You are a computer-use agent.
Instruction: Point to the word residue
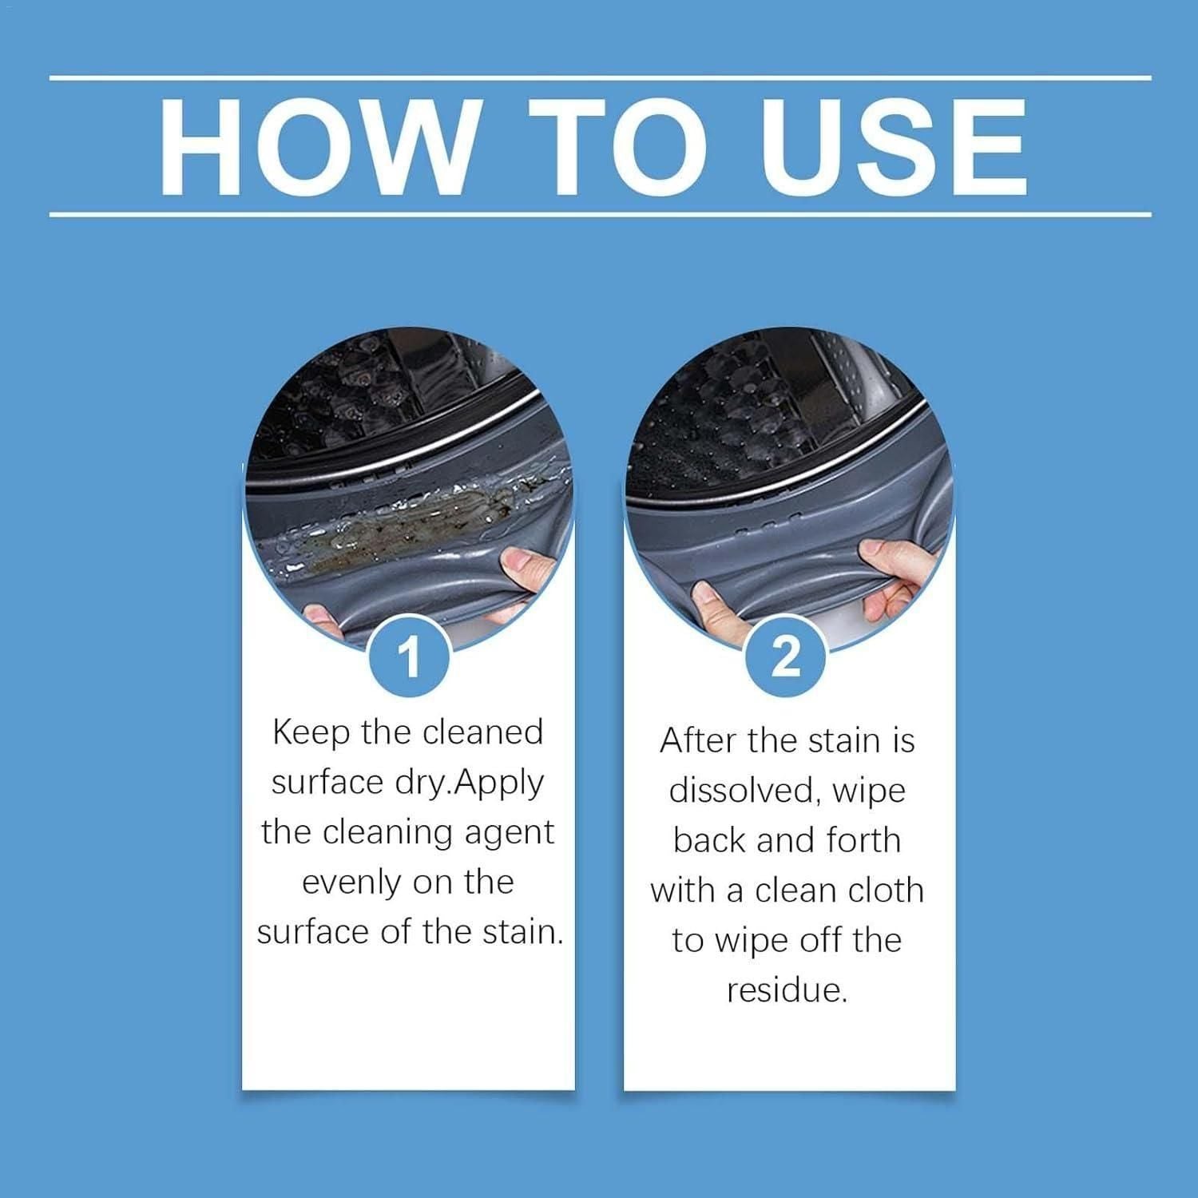[x=787, y=990]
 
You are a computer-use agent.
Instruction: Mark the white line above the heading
[x=599, y=78]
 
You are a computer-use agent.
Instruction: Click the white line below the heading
[x=599, y=214]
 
